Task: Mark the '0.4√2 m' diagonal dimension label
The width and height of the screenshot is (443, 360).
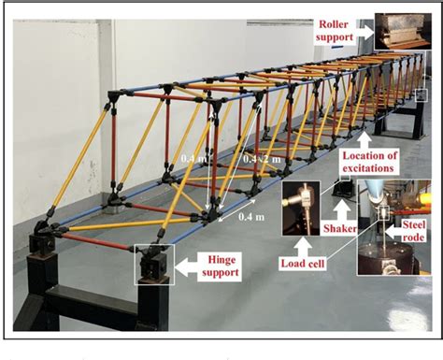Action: coord(261,159)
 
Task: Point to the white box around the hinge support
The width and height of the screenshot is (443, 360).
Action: coord(153,264)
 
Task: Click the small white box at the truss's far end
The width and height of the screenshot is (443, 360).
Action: coord(422,94)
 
